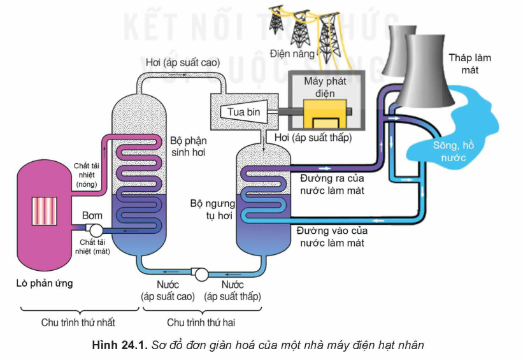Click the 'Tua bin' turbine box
[240, 112]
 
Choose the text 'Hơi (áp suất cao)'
[182, 62]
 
